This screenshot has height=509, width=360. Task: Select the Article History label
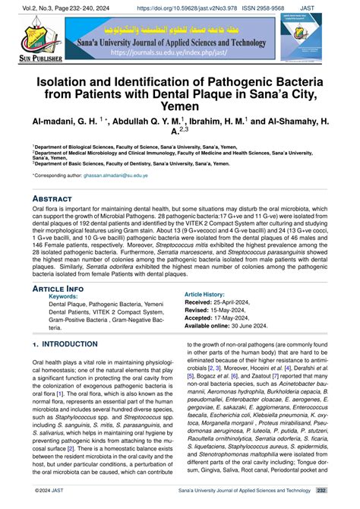coord(210,293)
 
